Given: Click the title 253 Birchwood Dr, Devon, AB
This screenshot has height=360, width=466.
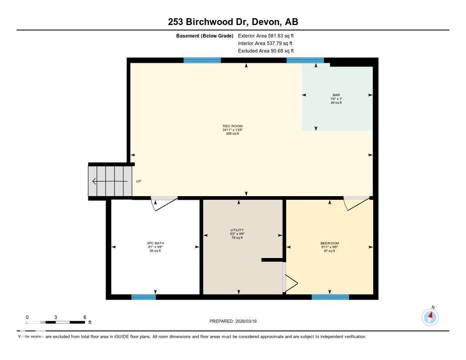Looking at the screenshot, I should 233,22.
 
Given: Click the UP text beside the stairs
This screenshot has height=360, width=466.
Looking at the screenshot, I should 138,181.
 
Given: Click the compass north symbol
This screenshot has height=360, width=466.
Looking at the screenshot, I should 430,316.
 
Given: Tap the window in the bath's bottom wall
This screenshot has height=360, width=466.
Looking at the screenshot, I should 143,297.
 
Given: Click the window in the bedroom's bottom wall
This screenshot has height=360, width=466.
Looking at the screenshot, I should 330,297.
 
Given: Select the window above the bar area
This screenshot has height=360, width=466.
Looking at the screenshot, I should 305,60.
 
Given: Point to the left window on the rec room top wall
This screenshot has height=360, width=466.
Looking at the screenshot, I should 202,60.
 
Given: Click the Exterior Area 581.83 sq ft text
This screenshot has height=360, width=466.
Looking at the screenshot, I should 269,35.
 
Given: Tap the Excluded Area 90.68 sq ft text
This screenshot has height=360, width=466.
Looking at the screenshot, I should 266,51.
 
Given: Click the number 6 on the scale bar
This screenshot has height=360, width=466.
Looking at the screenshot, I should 85,317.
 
